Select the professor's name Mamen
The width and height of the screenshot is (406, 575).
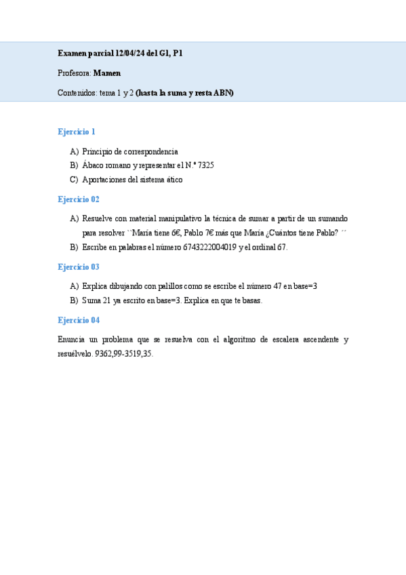107,73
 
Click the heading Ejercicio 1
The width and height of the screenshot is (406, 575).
77,132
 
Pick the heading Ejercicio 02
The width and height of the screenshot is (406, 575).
79,199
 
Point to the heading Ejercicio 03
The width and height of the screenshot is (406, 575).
79,267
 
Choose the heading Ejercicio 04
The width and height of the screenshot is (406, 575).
79,320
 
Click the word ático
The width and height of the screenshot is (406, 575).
172,180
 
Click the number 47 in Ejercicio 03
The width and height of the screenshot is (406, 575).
278,286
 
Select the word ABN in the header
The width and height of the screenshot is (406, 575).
222,94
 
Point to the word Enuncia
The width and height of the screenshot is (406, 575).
73,340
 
